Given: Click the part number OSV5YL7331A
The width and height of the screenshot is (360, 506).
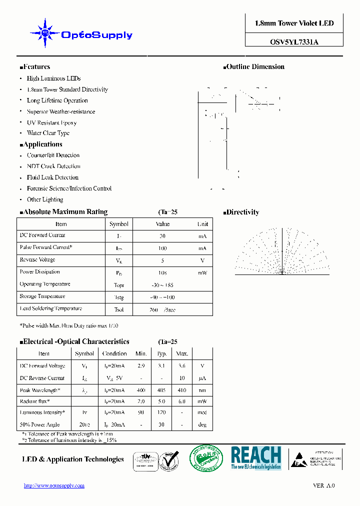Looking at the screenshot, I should pyautogui.click(x=294, y=42).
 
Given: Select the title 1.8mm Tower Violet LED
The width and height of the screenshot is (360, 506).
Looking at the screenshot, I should pyautogui.click(x=294, y=23).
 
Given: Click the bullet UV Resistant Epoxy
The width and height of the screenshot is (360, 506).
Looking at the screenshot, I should pyautogui.click(x=51, y=122).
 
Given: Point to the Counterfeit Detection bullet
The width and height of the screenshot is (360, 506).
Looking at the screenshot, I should pyautogui.click(x=53, y=155).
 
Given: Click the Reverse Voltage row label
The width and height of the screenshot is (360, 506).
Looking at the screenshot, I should pyautogui.click(x=37, y=260).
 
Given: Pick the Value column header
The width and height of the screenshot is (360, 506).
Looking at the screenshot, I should pyautogui.click(x=162, y=224).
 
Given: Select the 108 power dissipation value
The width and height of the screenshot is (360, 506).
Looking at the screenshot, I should pyautogui.click(x=162, y=273).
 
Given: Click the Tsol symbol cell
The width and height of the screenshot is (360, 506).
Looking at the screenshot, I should pyautogui.click(x=119, y=309).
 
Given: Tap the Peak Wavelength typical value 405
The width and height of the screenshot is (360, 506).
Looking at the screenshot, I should pyautogui.click(x=161, y=390).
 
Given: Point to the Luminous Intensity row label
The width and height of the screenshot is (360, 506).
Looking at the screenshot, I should pyautogui.click(x=42, y=412).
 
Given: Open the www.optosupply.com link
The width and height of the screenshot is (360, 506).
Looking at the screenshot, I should pyautogui.click(x=54, y=485).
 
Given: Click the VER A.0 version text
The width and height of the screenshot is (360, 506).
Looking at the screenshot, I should pyautogui.click(x=323, y=485).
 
